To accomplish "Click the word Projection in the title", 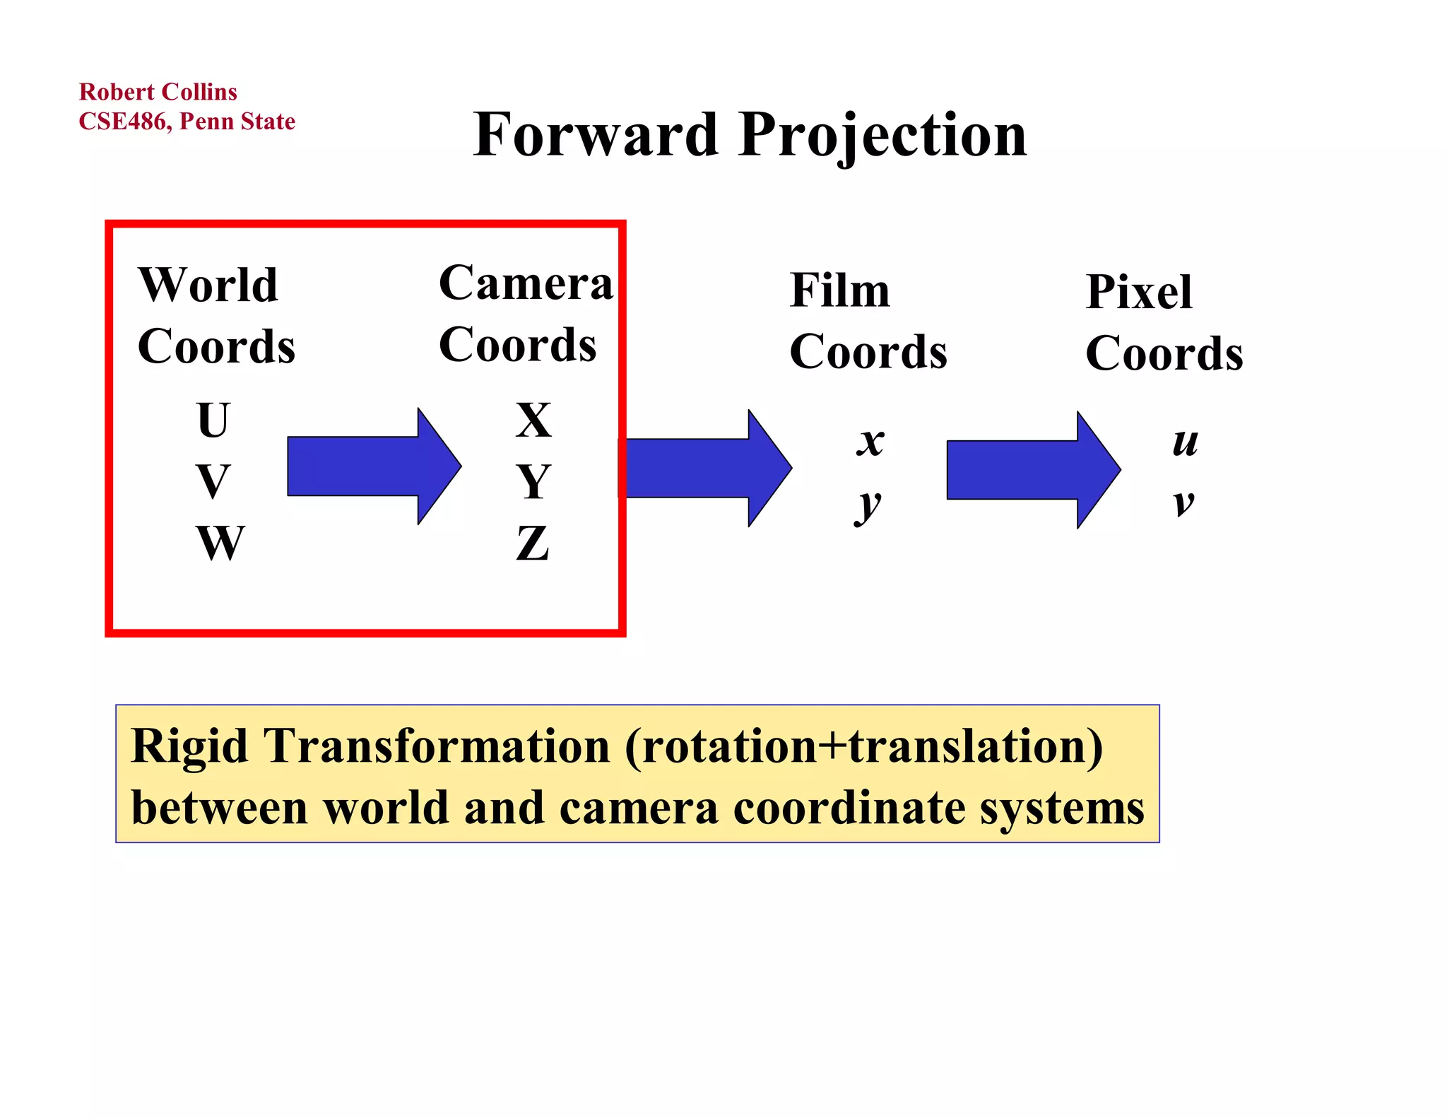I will coord(882,136).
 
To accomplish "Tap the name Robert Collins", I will coord(158,92).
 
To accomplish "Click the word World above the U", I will coord(208,285).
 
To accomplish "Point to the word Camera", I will coord(526,283).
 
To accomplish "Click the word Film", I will coord(839,290).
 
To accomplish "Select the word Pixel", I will coord(1138,292).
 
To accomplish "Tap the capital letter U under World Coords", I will coord(213,420).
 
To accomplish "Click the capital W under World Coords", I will coord(220,543).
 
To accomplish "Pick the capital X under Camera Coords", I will coord(533,420).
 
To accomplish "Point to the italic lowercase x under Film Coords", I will coord(870,442).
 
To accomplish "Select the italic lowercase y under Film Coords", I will coord(868,505).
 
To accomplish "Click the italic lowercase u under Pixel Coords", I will coord(1185,442).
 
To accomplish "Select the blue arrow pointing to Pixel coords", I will coord(1032,470).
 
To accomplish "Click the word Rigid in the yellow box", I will coord(189,746).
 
